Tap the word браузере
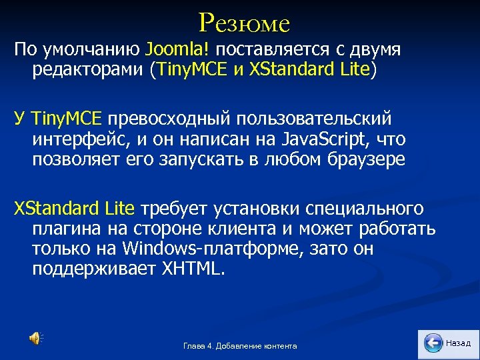click(x=359, y=160)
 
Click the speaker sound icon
click(x=34, y=339)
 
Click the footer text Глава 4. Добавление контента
click(x=240, y=345)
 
